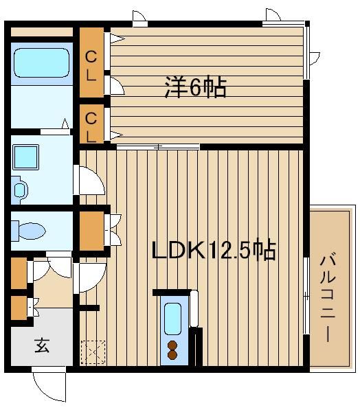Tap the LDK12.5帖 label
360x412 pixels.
click(x=214, y=250)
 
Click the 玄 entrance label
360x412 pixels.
click(x=42, y=345)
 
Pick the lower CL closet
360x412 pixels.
click(x=91, y=124)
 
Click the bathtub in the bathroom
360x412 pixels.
click(x=42, y=62)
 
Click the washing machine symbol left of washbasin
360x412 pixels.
click(x=19, y=189)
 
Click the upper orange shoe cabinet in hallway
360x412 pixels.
click(x=19, y=273)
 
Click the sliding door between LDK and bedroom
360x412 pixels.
click(x=158, y=146)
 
